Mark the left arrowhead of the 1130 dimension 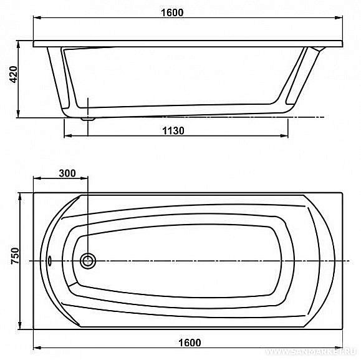67,136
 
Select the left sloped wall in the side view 61,78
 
